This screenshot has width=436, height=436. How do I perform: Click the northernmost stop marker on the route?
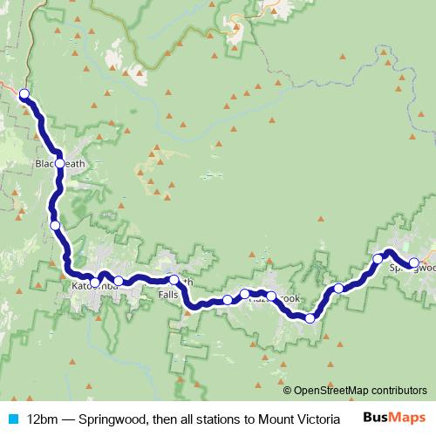point(24,94)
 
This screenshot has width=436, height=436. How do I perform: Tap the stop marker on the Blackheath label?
point(60,163)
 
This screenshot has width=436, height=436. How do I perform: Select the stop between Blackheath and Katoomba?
point(55,225)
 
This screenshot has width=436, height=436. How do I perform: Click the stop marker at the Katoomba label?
point(96,281)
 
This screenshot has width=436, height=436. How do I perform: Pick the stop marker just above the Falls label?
point(174,280)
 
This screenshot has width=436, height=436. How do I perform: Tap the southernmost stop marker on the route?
point(310,318)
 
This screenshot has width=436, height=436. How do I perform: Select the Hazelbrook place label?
point(275,299)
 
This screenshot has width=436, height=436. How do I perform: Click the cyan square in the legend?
point(12,418)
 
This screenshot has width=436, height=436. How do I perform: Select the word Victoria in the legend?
point(292,418)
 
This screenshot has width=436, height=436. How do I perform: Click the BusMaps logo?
point(387,417)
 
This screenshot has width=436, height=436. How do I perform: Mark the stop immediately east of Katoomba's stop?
point(119,281)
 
